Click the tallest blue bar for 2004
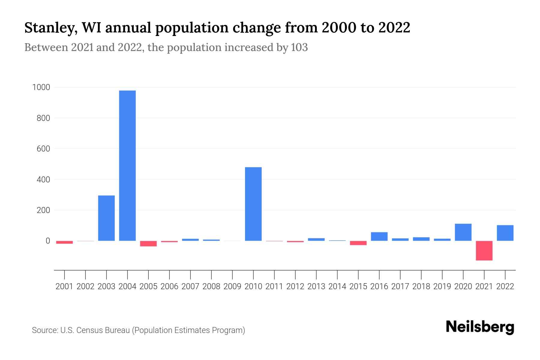coord(127,166)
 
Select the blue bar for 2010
coord(253,204)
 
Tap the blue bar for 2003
coord(106,218)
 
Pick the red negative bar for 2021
coord(484,250)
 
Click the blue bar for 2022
coord(505,233)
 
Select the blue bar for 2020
coord(463,232)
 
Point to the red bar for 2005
coord(148,244)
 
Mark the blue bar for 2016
coord(379,236)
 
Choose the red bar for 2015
coord(358,243)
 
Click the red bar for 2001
coord(64,242)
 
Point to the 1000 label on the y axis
coord(41,87)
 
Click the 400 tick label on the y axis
coord(43,180)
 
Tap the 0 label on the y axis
coord(47,241)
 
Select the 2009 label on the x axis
coord(232,286)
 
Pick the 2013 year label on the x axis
coord(316,286)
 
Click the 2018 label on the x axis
coord(421,286)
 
